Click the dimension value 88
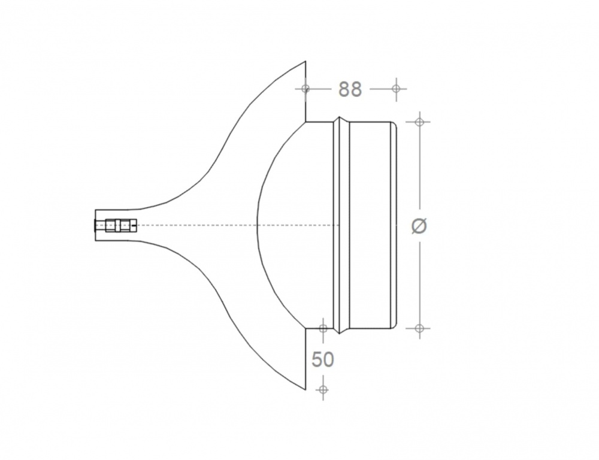click(x=350, y=89)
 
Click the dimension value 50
click(x=323, y=359)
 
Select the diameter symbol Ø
click(x=419, y=226)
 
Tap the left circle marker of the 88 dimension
click(x=305, y=89)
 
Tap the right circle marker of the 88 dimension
click(x=396, y=89)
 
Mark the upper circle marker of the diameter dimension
click(x=419, y=122)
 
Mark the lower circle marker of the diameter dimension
click(x=419, y=328)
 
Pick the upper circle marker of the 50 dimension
click(x=323, y=328)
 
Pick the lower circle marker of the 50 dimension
click(x=323, y=390)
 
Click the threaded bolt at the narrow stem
click(x=115, y=225)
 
